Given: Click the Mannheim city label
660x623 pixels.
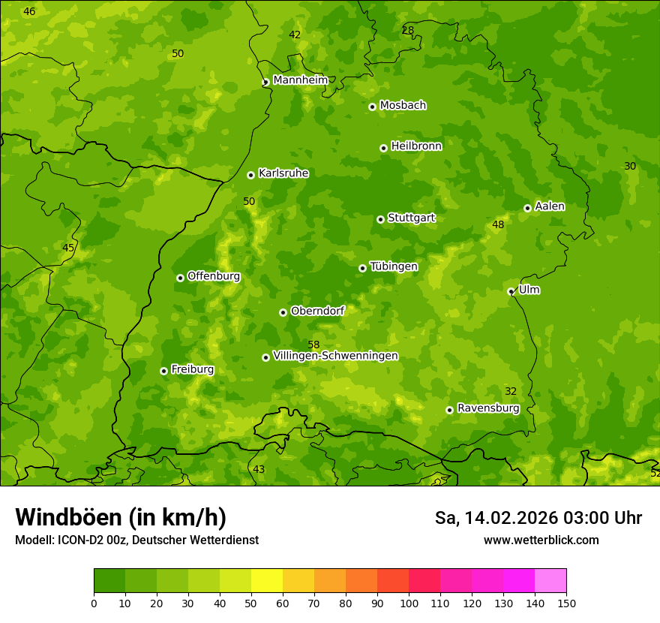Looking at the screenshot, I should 300,80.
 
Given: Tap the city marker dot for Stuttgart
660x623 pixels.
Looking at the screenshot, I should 380,219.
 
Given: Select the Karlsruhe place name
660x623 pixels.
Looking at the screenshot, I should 283,173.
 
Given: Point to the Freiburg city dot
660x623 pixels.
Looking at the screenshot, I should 163,371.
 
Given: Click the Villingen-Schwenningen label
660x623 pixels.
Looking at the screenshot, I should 335,355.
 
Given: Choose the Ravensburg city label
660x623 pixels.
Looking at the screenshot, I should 487,408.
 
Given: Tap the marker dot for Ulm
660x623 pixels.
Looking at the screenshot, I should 511,291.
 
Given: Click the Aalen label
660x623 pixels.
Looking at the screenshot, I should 549,206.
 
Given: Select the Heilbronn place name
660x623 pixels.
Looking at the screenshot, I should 415,146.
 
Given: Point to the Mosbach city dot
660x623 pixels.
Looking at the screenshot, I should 372,107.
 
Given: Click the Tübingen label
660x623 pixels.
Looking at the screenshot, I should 393,266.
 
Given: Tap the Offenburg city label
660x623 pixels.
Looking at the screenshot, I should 213,275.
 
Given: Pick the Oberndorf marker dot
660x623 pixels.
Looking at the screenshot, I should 283,312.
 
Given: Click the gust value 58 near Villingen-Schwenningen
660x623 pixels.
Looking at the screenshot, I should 313,345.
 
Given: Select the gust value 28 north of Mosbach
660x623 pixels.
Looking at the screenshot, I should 407,30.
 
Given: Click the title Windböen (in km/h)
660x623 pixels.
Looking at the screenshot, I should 120,517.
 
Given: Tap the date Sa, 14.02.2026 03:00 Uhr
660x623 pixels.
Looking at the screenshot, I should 538,518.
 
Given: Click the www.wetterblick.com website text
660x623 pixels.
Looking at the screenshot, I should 541,540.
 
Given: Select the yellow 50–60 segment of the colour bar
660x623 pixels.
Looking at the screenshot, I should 267,581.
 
